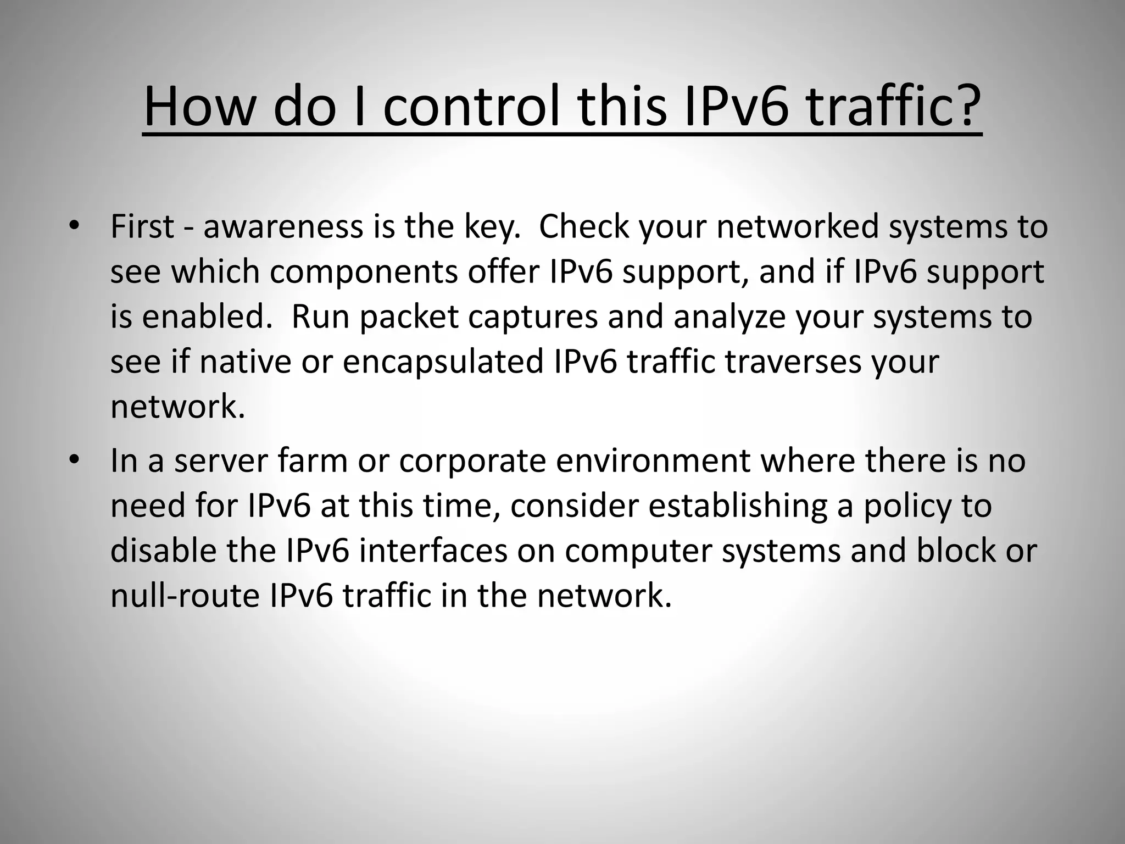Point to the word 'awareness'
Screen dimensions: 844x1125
coord(283,226)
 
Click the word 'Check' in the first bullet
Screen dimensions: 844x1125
coord(583,226)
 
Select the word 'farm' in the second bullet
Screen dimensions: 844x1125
coord(313,460)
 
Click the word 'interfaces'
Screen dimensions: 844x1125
coord(433,550)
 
